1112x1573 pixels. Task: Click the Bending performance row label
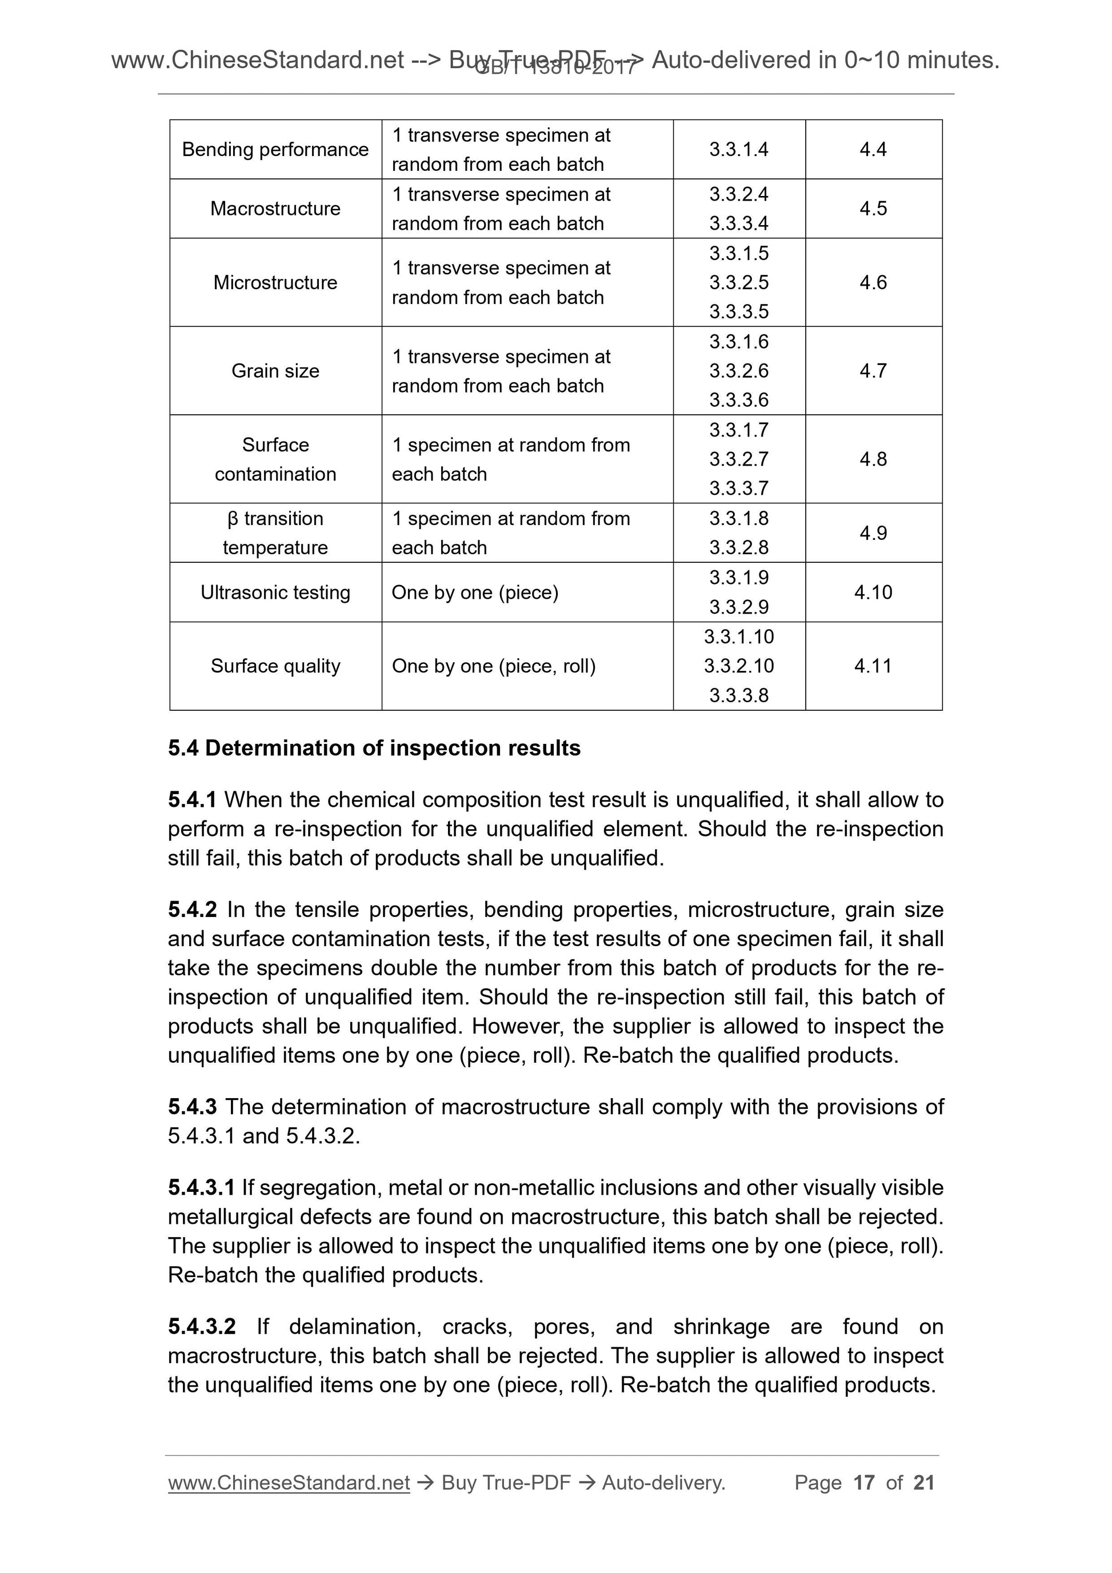[x=275, y=149]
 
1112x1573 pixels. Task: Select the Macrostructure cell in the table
[x=275, y=209]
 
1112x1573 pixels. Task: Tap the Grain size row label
[x=275, y=371]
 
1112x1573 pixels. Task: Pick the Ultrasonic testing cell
[x=275, y=592]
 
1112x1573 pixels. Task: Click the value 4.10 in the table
[x=873, y=592]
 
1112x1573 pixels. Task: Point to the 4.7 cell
[x=873, y=371]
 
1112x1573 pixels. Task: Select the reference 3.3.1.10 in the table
[x=739, y=637]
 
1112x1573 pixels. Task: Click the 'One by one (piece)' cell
[x=475, y=592]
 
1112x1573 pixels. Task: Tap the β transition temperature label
[x=275, y=533]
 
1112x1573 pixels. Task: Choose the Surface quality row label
[x=275, y=666]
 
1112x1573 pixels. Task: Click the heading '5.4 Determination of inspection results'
[x=374, y=747]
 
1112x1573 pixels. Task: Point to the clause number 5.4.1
[x=192, y=799]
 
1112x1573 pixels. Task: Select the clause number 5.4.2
[x=192, y=909]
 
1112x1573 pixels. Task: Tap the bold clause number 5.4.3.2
[x=202, y=1326]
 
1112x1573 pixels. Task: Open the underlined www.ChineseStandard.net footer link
[x=289, y=1483]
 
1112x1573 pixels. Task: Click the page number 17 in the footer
[x=863, y=1483]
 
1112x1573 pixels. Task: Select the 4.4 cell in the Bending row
[x=873, y=149]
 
